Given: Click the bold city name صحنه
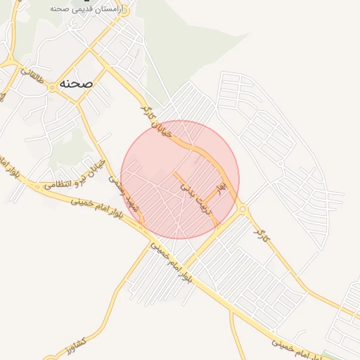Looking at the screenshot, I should point(77,83).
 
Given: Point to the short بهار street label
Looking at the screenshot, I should point(221,188).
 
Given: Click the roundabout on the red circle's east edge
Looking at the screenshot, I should point(243,209).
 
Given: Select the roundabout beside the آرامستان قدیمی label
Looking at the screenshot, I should point(117,9).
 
